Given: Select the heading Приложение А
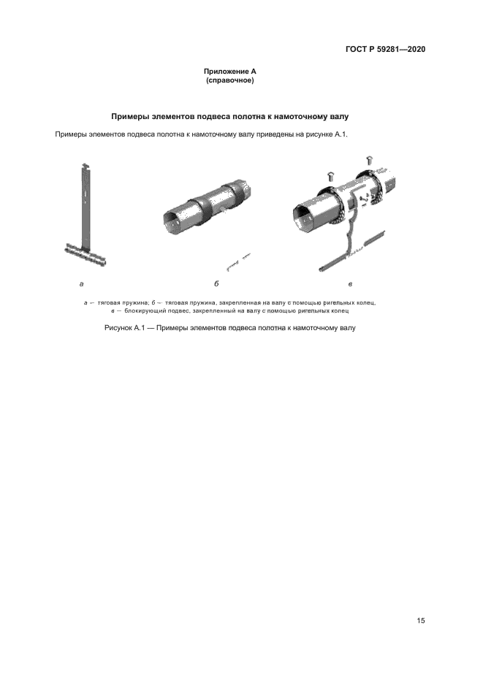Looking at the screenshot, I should (x=229, y=72).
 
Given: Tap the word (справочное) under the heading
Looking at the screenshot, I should (x=229, y=80).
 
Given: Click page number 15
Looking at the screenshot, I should (x=420, y=621).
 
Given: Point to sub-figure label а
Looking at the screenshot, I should (x=81, y=283).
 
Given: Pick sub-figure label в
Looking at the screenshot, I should (x=351, y=283).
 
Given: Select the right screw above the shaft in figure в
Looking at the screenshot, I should (x=369, y=160).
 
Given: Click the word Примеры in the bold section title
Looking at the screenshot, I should (x=129, y=116).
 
